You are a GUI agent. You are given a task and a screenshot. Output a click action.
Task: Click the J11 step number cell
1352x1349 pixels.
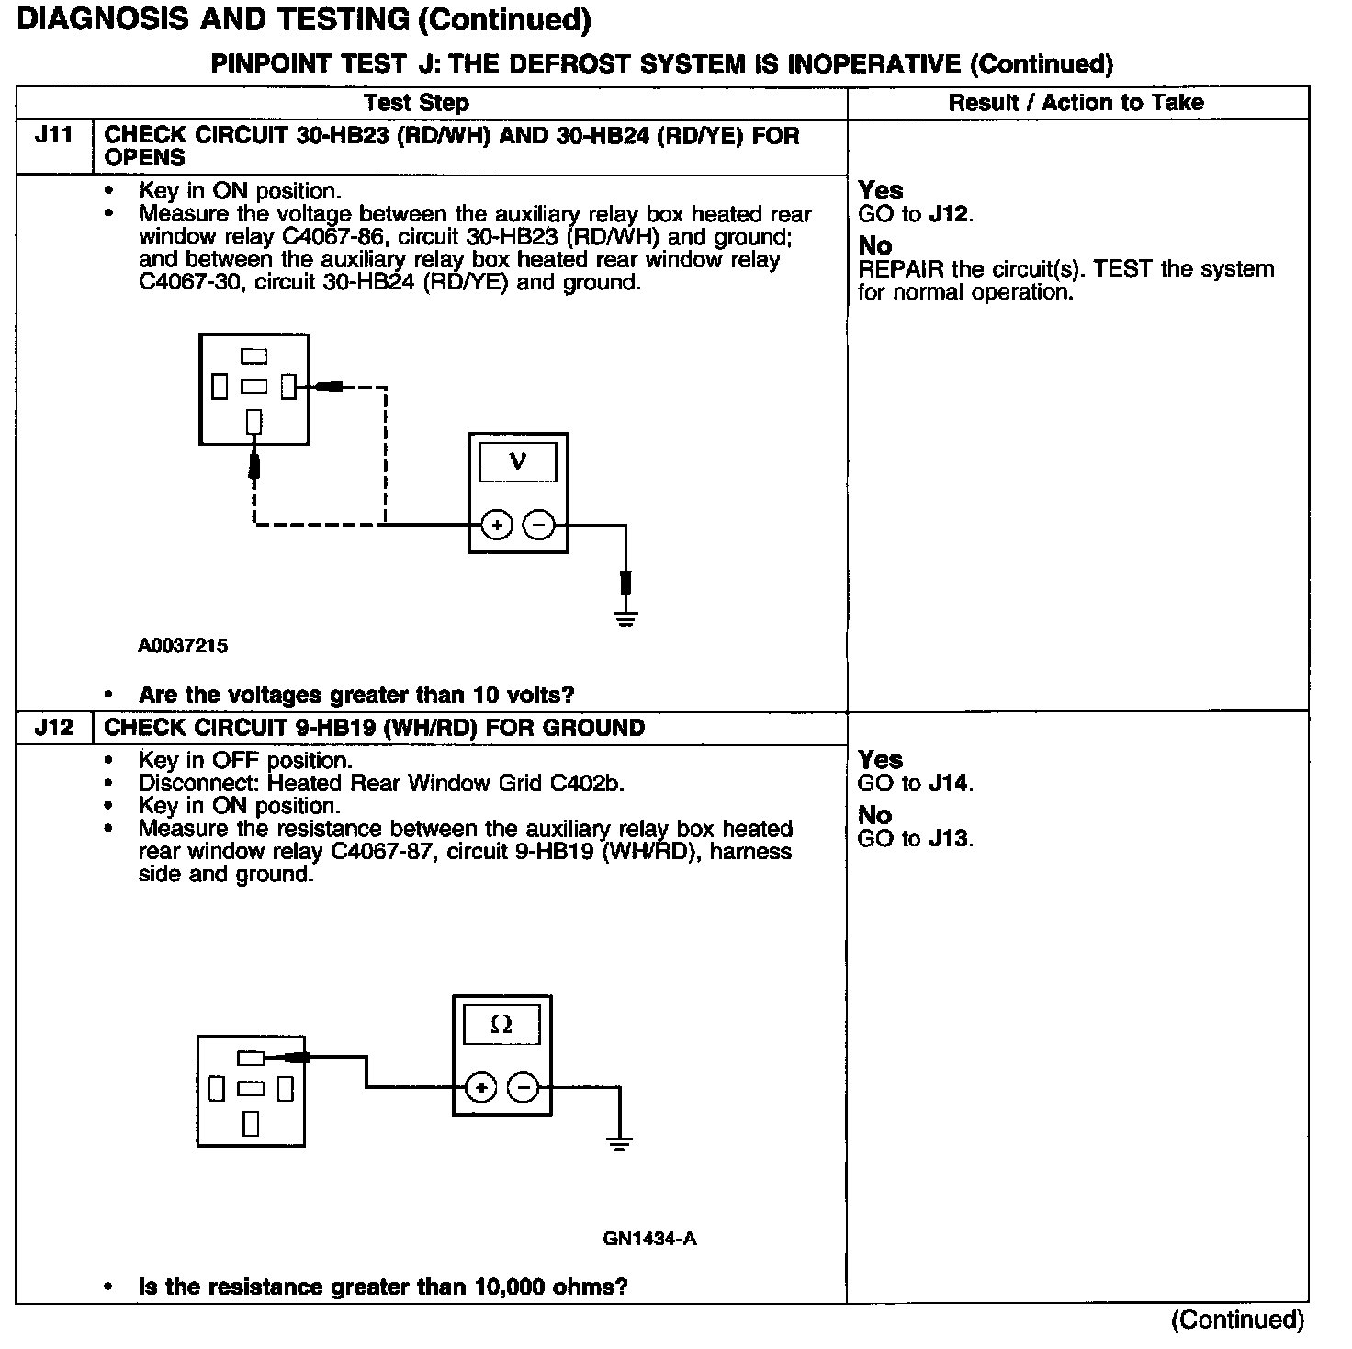point(53,136)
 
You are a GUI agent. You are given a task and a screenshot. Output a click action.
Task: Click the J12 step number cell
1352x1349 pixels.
point(53,728)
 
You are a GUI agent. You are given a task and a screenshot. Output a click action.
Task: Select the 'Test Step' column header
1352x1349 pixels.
point(416,103)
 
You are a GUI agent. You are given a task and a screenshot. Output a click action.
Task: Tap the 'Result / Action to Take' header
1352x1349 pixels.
point(1076,103)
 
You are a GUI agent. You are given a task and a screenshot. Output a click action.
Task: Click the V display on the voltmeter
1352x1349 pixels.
point(517,461)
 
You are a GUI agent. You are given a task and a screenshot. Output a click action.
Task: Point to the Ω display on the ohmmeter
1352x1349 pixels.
point(501,1024)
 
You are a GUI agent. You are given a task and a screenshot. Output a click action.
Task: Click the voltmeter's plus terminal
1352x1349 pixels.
point(497,526)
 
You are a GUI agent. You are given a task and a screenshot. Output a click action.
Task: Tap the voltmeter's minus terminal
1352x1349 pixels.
point(539,526)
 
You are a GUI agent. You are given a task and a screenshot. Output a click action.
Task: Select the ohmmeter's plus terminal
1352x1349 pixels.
point(481,1088)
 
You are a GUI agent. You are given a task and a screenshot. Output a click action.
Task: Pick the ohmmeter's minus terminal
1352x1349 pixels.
point(524,1088)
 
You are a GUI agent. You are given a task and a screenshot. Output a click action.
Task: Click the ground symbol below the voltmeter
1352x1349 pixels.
point(625,618)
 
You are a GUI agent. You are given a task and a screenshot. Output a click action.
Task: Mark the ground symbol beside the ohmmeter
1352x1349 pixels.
point(619,1144)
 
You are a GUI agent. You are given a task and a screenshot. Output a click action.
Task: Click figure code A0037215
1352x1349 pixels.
point(183,646)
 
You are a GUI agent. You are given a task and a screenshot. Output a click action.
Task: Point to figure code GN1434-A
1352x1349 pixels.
point(649,1239)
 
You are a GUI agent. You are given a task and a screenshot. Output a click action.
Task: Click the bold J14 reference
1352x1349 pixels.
point(949,784)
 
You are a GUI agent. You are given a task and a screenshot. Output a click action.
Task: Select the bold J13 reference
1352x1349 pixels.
point(949,839)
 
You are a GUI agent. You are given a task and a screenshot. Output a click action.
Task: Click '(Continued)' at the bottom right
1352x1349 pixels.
point(1237,1321)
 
